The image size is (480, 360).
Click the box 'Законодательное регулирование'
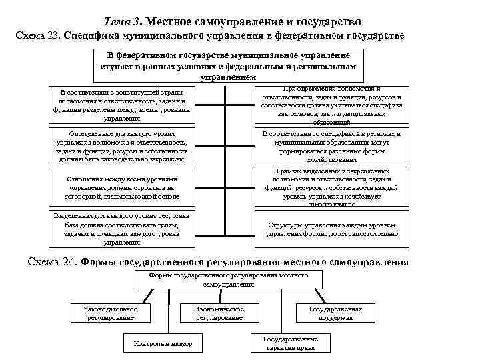[111, 313]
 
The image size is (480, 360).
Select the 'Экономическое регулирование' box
[219, 313]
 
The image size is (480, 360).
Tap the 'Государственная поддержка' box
[335, 313]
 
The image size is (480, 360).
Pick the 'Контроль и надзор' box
[163, 343]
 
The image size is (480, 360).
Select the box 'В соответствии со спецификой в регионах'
[331, 147]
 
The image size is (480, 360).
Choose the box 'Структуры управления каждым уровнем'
[331, 230]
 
